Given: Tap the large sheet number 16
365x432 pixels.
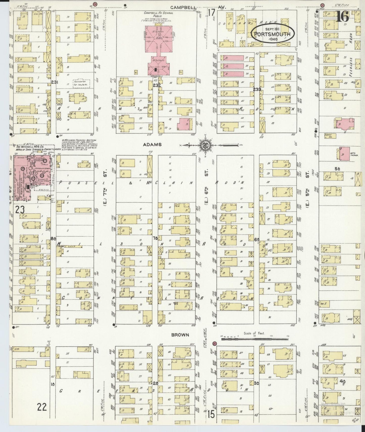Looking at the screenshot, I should (343, 17).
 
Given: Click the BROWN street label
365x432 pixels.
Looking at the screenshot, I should (180, 335).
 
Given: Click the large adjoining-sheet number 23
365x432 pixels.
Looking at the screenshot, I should (20, 209).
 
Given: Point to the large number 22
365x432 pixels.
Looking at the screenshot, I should (42, 407).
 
